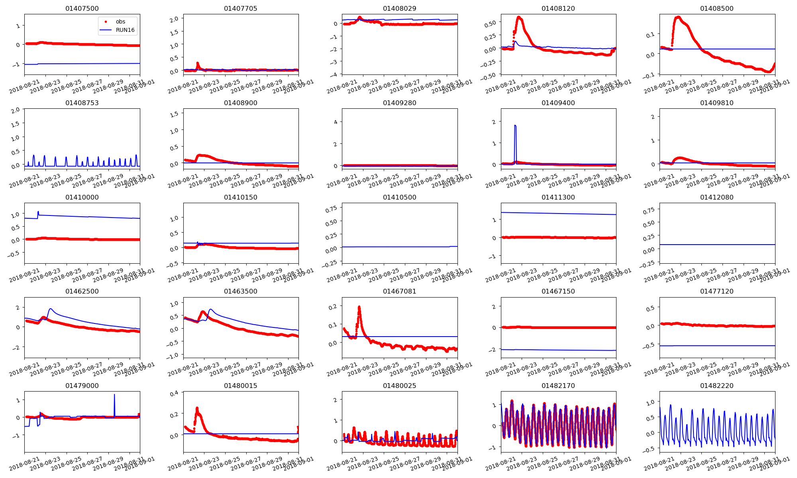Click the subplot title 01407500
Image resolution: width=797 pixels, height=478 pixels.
pos(82,9)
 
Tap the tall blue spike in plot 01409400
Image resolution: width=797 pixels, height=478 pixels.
pos(515,126)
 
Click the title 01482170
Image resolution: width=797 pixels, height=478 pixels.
pos(558,386)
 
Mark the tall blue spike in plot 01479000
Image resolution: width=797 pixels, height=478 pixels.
pos(114,395)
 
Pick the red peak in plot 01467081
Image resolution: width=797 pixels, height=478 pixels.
pos(359,307)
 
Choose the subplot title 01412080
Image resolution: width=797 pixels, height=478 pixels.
pos(717,198)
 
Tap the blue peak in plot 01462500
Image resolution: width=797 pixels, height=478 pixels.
pos(50,309)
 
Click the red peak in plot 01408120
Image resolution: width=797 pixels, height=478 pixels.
pos(519,17)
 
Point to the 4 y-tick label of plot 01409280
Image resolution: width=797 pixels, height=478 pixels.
pos(336,122)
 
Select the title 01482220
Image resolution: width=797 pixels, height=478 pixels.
pos(717,386)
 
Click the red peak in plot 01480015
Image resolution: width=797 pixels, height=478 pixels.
pos(197,408)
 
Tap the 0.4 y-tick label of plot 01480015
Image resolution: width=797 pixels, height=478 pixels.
pos(174,394)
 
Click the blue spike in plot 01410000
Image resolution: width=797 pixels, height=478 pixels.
pos(38,212)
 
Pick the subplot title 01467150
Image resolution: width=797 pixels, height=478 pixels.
pos(558,292)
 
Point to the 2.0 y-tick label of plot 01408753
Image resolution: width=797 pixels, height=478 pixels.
pos(16,110)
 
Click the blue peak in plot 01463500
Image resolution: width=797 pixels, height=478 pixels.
pos(210,309)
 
